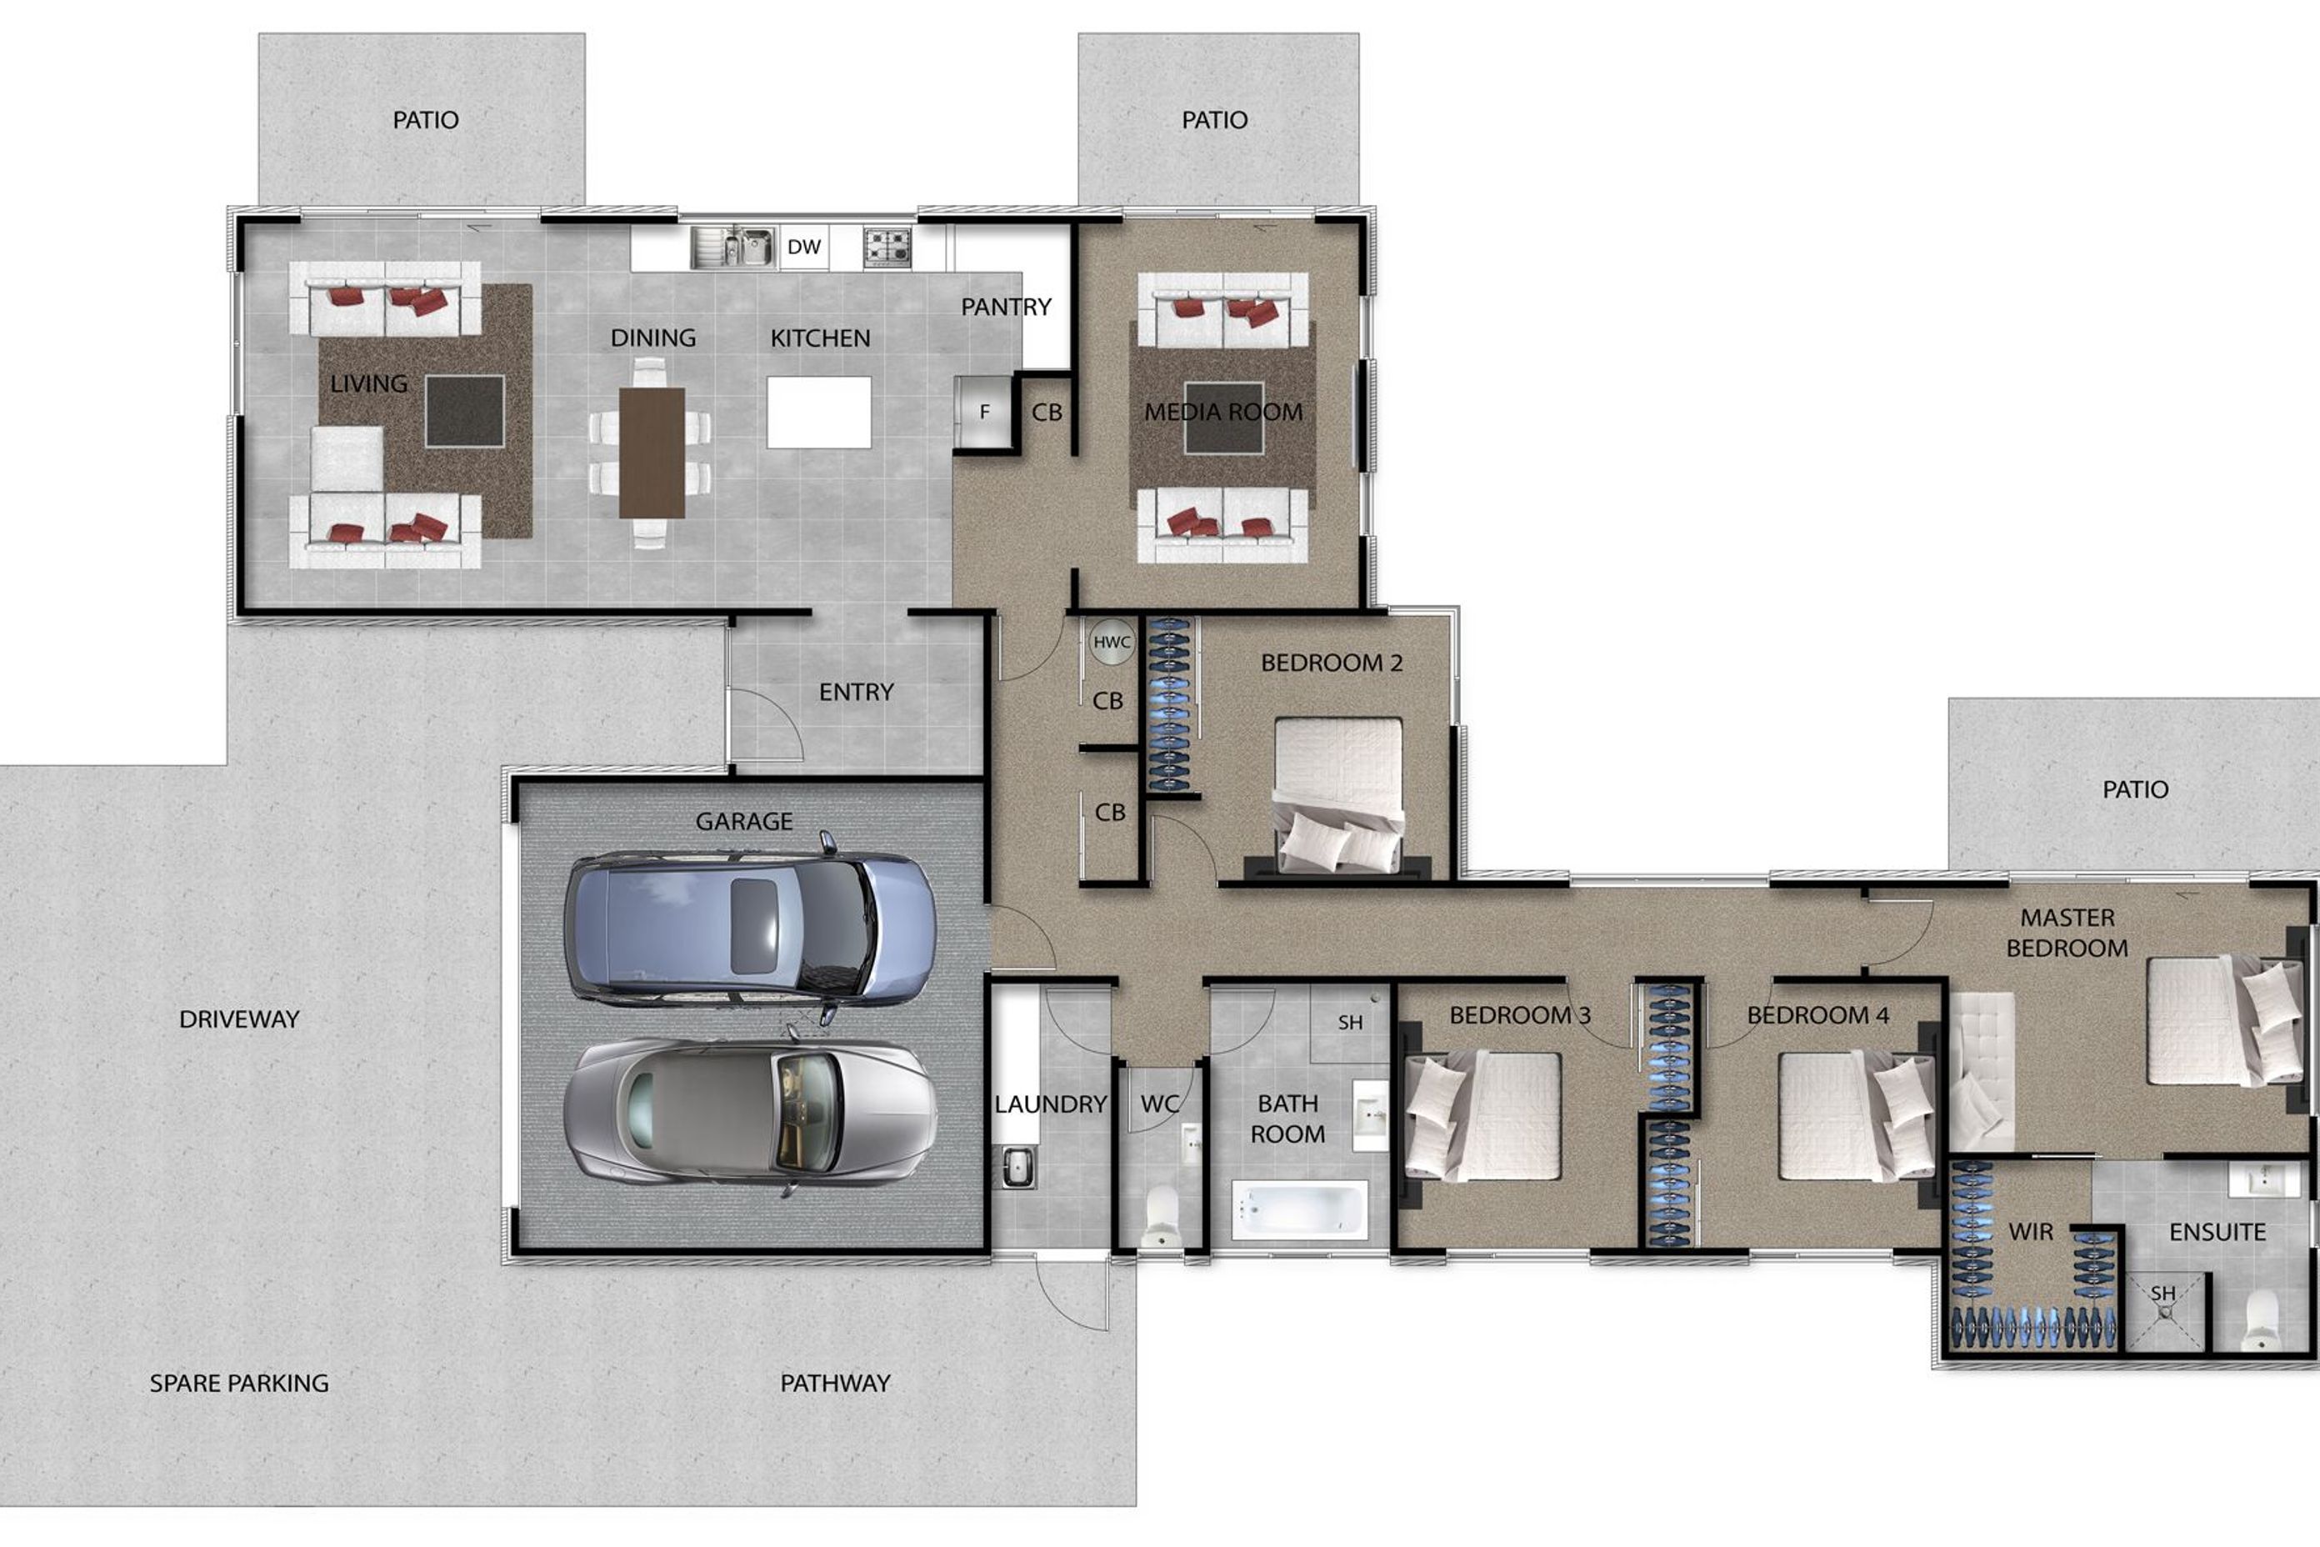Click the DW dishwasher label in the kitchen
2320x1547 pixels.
coord(804,247)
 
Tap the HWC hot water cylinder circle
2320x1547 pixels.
coord(1112,643)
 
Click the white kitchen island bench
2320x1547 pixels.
coord(818,413)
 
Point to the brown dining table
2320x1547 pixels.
coord(652,453)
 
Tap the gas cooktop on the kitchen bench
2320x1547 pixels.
coord(887,247)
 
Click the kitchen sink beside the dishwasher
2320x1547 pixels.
coord(732,247)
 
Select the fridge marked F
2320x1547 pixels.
coord(983,412)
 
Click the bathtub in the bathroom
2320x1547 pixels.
coord(1299,1209)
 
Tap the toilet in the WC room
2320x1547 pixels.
coord(1161,1215)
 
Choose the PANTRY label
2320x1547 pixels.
coord(1006,307)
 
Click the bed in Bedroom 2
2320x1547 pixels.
coord(1338,795)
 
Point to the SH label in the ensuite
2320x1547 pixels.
coord(2163,1293)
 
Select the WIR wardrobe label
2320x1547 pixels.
coord(2031,1231)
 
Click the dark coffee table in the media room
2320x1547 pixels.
coord(1223,418)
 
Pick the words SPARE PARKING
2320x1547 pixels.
coord(238,1384)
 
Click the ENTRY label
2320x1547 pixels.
coord(856,693)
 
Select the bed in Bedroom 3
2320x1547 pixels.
coord(1482,1117)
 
